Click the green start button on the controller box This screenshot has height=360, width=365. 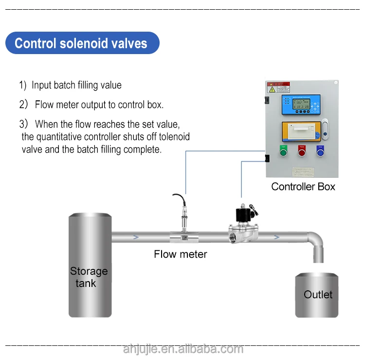pyautogui.click(x=283, y=152)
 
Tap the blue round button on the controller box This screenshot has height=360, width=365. pyautogui.click(x=320, y=152)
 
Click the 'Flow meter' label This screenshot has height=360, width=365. pyautogui.click(x=181, y=254)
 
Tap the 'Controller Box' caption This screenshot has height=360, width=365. pyautogui.click(x=303, y=187)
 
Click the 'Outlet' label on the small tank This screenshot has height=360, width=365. pyautogui.click(x=318, y=295)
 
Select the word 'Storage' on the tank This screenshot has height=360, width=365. pyautogui.click(x=89, y=271)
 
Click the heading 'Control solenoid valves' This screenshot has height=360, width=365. pyautogui.click(x=81, y=43)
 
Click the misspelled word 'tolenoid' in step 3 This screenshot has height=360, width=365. pyautogui.click(x=171, y=137)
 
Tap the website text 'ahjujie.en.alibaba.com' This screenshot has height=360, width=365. pyautogui.click(x=182, y=349)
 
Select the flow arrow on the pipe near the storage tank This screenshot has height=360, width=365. pyautogui.click(x=136, y=237)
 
